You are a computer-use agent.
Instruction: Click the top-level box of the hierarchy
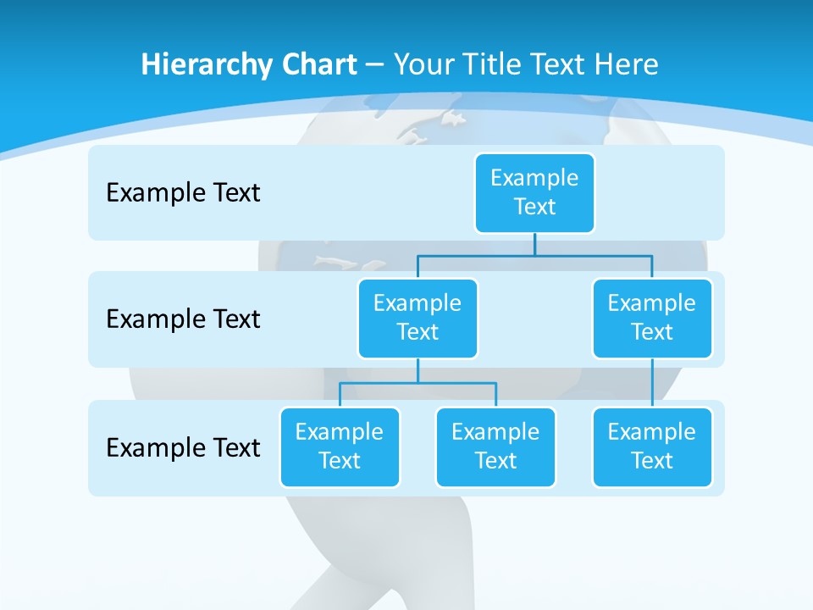pyautogui.click(x=534, y=192)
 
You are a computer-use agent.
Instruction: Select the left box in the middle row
pyautogui.click(x=418, y=318)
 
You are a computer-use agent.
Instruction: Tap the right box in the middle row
pyautogui.click(x=652, y=318)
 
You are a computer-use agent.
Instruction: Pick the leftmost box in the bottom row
pyautogui.click(x=340, y=446)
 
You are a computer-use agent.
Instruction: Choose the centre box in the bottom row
pyautogui.click(x=495, y=446)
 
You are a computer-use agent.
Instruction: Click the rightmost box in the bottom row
pyautogui.click(x=652, y=446)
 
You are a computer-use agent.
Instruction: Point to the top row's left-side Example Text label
pyautogui.click(x=183, y=193)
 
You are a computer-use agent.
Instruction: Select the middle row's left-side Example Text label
pyautogui.click(x=183, y=319)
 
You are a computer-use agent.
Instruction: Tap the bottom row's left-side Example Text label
pyautogui.click(x=183, y=447)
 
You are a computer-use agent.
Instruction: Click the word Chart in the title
pyautogui.click(x=315, y=64)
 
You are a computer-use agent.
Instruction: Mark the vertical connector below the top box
pyautogui.click(x=534, y=244)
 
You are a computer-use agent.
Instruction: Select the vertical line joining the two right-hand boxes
pyautogui.click(x=652, y=383)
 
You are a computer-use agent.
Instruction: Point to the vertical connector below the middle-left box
pyautogui.click(x=418, y=370)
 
